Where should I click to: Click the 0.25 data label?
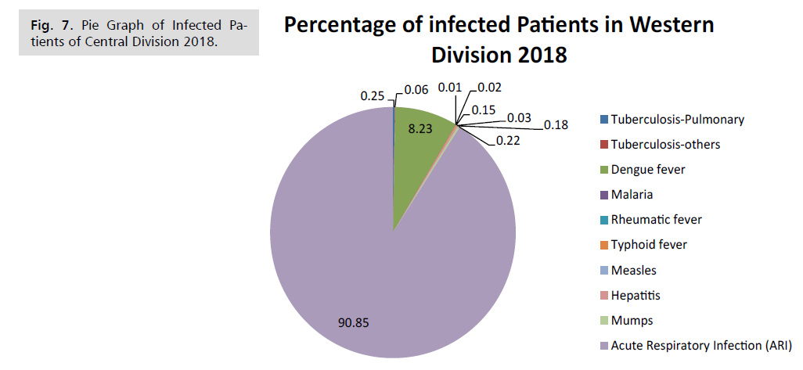pos(372,95)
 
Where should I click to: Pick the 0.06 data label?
pos(416,90)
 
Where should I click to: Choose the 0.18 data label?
pos(556,124)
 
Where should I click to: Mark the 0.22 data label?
pos(507,140)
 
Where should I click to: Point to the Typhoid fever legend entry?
pos(649,245)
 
